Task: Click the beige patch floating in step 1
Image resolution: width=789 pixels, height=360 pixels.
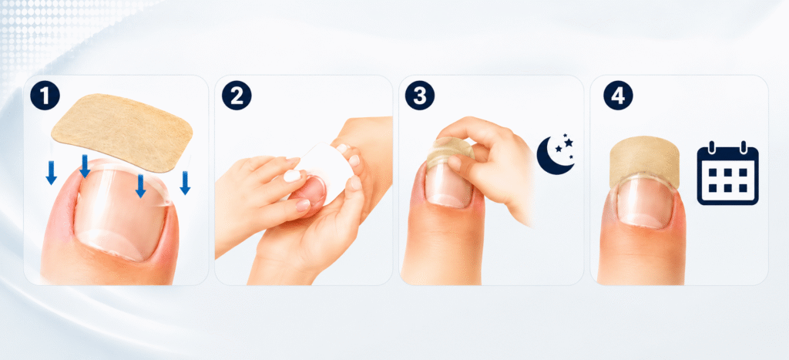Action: (x=122, y=133)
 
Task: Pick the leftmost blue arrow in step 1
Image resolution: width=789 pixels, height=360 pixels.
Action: (x=51, y=173)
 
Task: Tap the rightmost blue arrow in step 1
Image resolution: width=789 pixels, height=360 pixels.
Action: (x=185, y=182)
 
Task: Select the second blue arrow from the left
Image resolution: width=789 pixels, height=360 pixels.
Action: (x=85, y=167)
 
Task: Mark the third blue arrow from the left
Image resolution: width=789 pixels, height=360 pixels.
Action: (x=141, y=186)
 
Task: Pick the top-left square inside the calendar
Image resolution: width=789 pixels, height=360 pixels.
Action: (x=713, y=173)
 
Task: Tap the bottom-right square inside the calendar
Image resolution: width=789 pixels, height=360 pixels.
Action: (x=743, y=188)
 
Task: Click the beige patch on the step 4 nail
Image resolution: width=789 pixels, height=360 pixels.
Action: (x=645, y=161)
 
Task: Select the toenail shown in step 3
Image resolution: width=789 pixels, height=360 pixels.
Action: (x=448, y=182)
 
